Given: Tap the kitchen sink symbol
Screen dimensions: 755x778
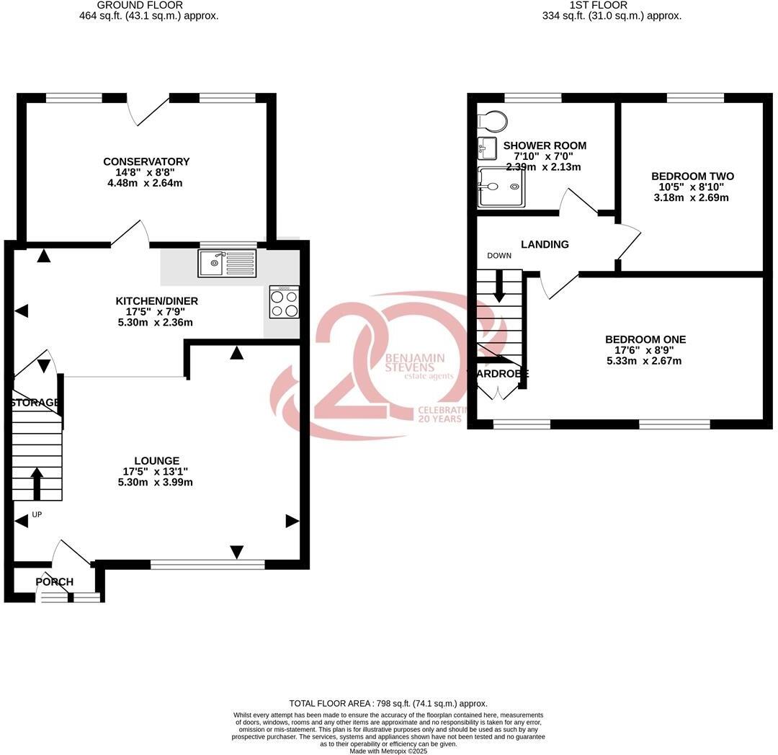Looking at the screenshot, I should coord(227,263).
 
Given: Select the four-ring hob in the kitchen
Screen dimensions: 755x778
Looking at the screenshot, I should coord(285,302).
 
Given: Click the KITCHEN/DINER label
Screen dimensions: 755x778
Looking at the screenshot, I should coord(156,301).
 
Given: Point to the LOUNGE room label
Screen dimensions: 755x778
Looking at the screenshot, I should coord(156,461).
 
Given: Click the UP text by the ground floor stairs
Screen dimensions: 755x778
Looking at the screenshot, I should coord(36,515).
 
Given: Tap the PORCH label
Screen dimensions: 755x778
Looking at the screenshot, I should coord(55,582).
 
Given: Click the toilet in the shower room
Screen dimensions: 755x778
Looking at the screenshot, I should coord(493,119).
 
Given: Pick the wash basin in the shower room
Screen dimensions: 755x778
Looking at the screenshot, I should coord(487,148).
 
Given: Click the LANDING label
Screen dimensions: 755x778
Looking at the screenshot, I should coord(545,244).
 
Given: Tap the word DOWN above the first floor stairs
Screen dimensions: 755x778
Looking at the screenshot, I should coord(499,256).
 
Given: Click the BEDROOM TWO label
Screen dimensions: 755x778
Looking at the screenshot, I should coord(692,177).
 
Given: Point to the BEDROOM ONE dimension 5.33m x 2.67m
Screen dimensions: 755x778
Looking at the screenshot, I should coord(644,361).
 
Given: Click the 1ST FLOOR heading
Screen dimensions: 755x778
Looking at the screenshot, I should coord(588,5).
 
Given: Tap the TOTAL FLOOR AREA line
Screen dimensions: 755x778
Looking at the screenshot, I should coord(388,703).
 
